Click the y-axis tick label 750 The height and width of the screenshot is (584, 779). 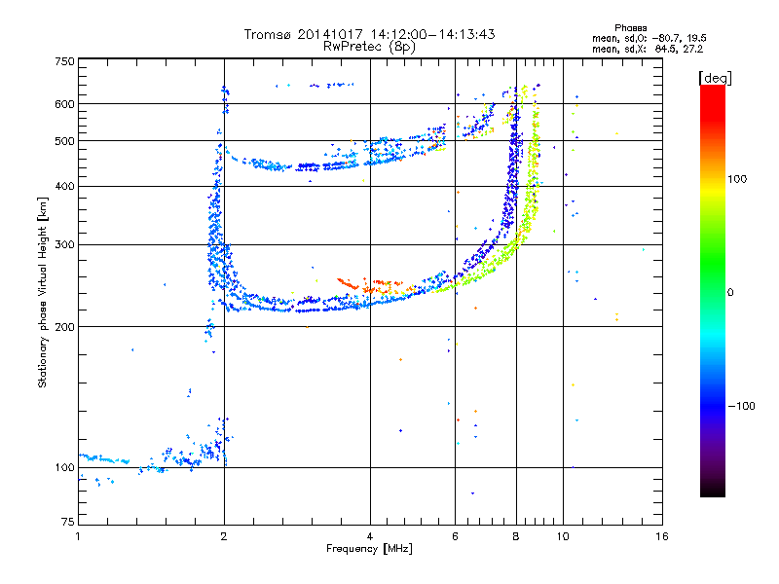64,61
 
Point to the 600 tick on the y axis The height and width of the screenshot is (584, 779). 64,104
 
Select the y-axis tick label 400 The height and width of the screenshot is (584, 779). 64,186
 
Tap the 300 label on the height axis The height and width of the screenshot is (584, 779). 64,244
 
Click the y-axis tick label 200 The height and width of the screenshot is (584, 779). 64,326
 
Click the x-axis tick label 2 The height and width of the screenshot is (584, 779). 224,536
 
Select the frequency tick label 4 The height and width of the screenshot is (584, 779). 370,536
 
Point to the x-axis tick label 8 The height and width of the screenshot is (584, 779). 516,536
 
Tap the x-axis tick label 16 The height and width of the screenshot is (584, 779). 661,536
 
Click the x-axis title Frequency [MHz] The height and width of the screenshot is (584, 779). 369,549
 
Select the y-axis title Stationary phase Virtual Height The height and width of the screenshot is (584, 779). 43,292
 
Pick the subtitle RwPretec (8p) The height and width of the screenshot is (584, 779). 370,46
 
